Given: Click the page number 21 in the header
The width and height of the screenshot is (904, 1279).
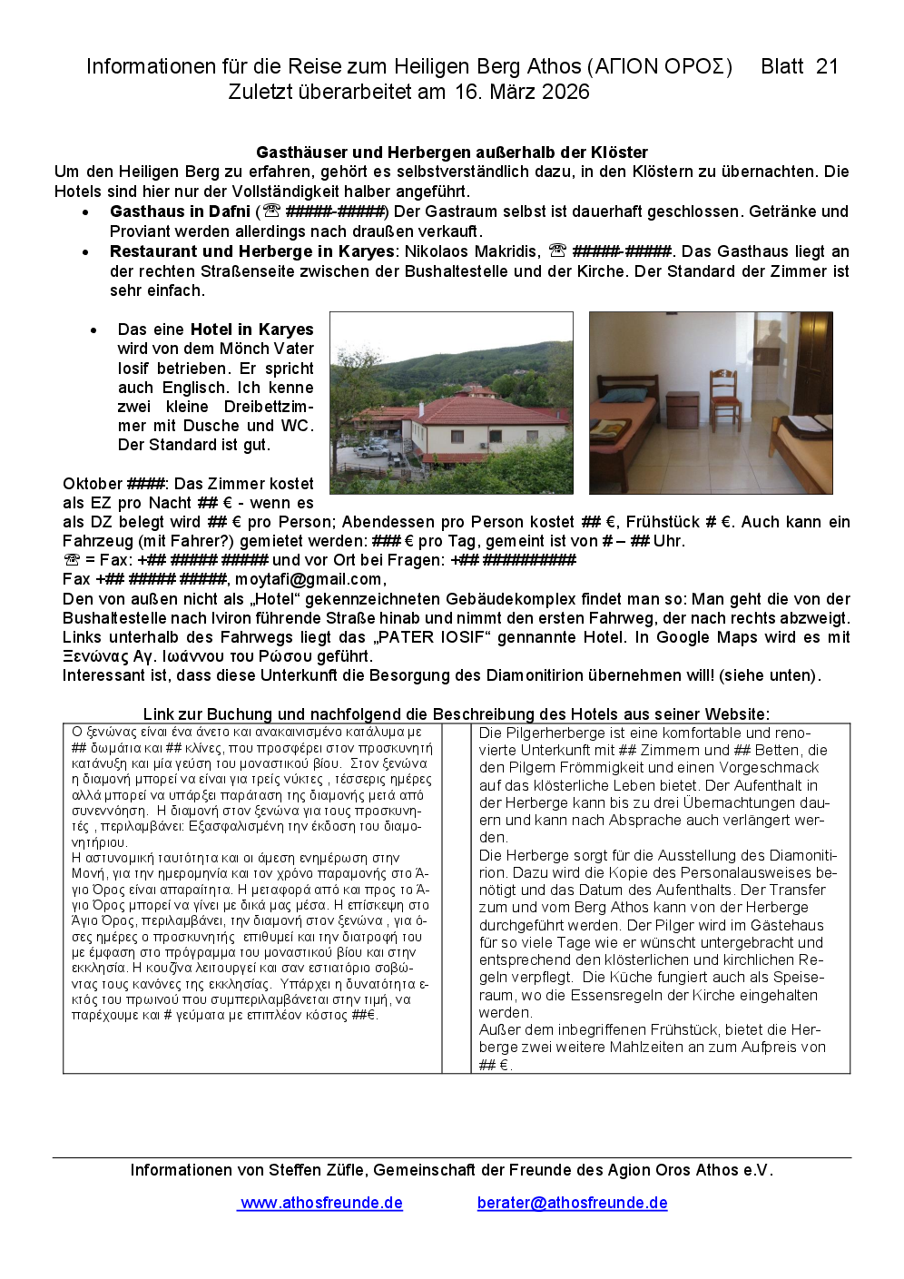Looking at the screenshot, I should coord(826,66).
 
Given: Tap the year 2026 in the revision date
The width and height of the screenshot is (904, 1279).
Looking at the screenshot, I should coord(565,92).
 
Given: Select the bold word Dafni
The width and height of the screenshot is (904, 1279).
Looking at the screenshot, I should coord(229,212).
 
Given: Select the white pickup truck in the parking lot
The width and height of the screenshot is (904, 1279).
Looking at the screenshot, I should coord(372,449).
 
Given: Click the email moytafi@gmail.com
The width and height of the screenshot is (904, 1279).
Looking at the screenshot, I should coord(309,579).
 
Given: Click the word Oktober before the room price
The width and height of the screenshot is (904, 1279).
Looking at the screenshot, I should coord(93,484).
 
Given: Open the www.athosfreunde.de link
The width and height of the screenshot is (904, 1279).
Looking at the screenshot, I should coord(320,1203).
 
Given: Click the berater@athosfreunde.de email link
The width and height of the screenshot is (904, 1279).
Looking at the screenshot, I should coord(572,1203).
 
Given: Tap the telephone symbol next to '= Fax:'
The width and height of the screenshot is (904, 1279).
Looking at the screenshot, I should coord(72,560).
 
